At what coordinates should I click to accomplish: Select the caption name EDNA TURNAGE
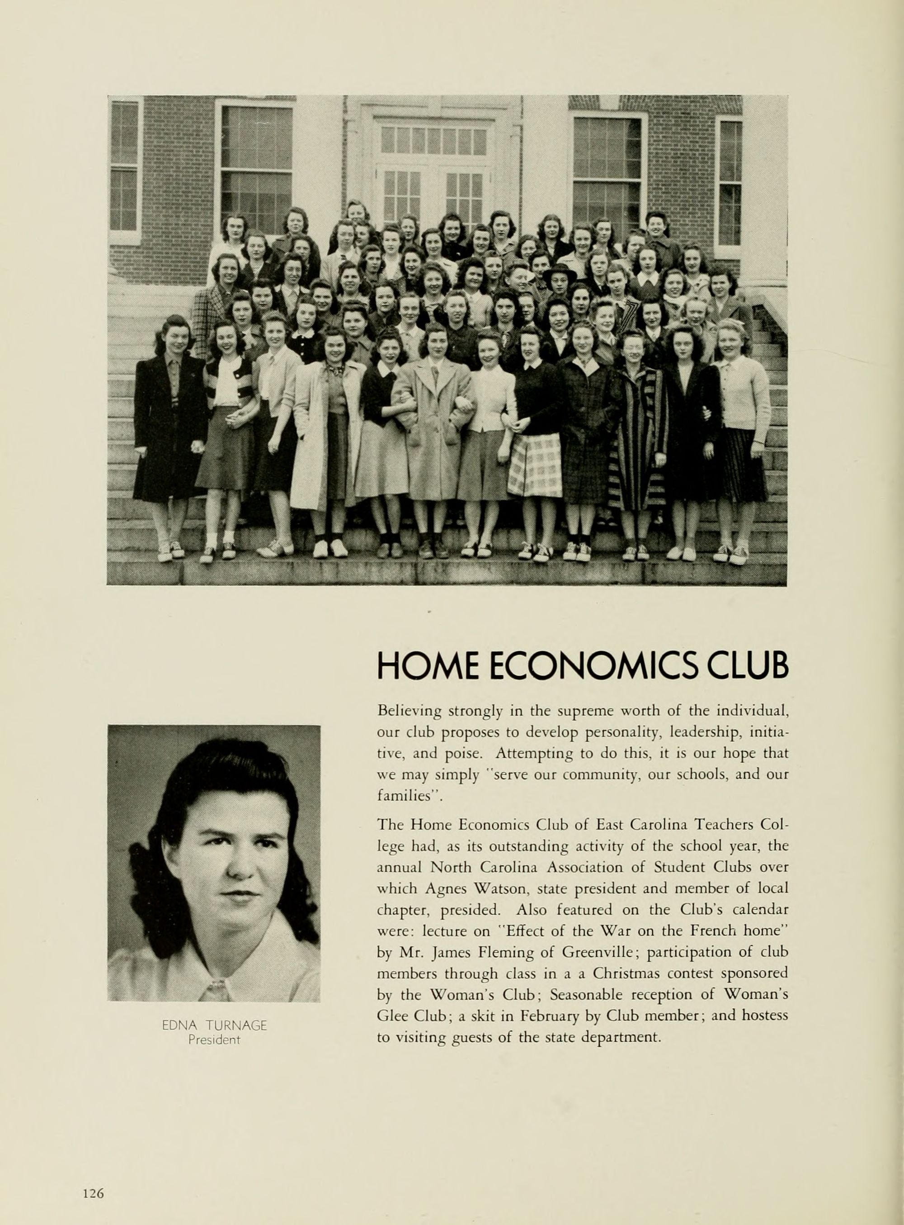pyautogui.click(x=215, y=1026)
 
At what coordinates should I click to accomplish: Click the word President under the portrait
pyautogui.click(x=215, y=1040)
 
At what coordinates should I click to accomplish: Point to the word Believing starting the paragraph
pyautogui.click(x=410, y=712)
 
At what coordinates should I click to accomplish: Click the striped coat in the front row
pyautogui.click(x=638, y=438)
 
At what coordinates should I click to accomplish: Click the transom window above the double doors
pyautogui.click(x=433, y=140)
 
